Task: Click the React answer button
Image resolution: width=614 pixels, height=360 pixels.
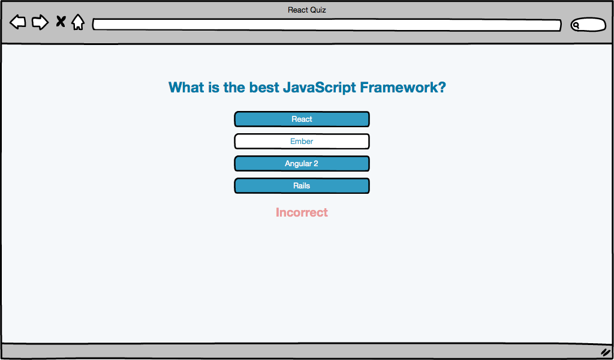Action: click(x=302, y=119)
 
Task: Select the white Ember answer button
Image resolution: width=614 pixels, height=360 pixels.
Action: click(x=302, y=142)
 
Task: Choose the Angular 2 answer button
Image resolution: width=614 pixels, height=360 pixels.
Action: click(x=302, y=164)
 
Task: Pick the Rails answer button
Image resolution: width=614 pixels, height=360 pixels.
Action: click(x=302, y=185)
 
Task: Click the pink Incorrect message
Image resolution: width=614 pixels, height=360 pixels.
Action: click(x=302, y=212)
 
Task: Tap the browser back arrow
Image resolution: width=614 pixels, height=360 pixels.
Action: click(x=17, y=22)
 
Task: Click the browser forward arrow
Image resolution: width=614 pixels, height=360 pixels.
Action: click(x=40, y=22)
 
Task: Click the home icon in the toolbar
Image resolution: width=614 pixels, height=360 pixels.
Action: click(x=78, y=22)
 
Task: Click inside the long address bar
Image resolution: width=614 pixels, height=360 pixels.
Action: click(x=327, y=25)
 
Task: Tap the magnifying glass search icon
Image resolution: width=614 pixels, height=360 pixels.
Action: click(x=576, y=26)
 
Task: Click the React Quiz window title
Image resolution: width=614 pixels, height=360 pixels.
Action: click(x=307, y=10)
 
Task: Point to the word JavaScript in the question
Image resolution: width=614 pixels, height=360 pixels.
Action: click(x=320, y=88)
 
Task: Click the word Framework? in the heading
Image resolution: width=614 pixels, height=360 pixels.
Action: click(x=403, y=87)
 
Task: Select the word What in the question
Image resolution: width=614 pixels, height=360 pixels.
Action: click(x=186, y=87)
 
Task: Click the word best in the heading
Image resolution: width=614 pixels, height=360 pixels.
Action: click(x=264, y=87)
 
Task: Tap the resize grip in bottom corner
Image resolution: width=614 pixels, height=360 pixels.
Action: click(x=606, y=352)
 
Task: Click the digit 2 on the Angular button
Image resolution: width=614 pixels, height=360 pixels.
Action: click(x=315, y=164)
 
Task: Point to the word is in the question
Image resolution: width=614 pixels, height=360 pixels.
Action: click(x=214, y=87)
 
